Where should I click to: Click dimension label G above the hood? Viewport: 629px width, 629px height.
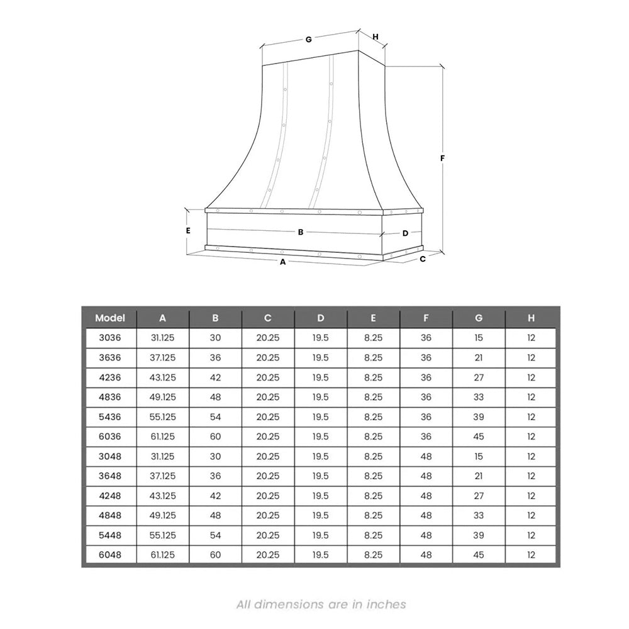pyautogui.click(x=308, y=39)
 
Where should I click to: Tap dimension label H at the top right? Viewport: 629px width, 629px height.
pyautogui.click(x=376, y=37)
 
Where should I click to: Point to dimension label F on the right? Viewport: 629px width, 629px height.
pyautogui.click(x=442, y=159)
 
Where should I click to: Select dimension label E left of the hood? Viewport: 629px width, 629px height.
pyautogui.click(x=187, y=231)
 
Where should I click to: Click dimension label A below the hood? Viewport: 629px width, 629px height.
pyautogui.click(x=283, y=262)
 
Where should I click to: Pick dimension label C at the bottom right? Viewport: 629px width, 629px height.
pyautogui.click(x=423, y=259)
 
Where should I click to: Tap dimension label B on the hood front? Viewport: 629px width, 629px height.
pyautogui.click(x=301, y=232)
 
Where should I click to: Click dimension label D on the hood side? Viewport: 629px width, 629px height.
pyautogui.click(x=405, y=233)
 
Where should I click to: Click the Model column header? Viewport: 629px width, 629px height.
pyautogui.click(x=110, y=318)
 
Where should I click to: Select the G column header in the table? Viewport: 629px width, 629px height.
pyautogui.click(x=479, y=318)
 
